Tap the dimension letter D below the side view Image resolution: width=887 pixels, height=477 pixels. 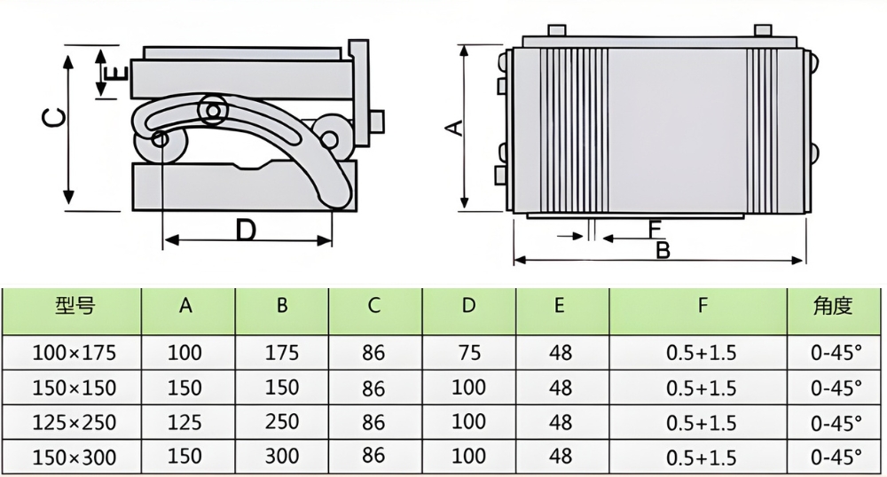coord(246,231)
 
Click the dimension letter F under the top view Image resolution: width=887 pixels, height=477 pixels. coord(654,229)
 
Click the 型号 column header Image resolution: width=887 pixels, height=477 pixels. coord(74,307)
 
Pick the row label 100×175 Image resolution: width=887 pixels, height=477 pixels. coord(74,353)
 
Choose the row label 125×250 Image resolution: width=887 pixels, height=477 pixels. coord(74,422)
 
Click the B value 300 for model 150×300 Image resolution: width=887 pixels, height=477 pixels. coord(281,457)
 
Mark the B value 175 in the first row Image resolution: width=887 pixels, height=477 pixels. coord(281,353)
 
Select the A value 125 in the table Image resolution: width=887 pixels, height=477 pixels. coord(185,422)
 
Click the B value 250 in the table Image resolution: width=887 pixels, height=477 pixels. coord(281,422)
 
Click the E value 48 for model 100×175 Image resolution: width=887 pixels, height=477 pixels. coord(561,353)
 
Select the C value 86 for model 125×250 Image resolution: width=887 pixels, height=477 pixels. coord(374,422)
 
